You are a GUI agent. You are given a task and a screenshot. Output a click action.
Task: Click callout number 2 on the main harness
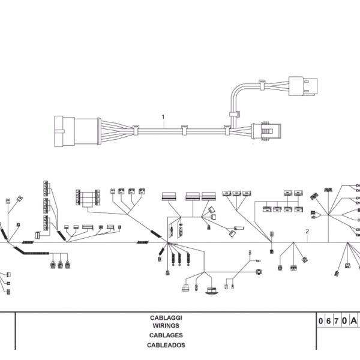point(307,231)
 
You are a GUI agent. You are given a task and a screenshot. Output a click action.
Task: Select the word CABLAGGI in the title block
point(167,317)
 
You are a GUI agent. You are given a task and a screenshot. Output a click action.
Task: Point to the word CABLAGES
point(166,335)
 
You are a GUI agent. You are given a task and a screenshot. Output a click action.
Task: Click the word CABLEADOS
point(166,345)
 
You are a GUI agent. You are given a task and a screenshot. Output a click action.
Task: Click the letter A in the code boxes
point(354,321)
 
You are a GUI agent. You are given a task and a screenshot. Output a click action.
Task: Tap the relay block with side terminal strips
point(89,197)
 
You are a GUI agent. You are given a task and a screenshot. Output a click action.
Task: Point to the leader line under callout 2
point(307,238)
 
